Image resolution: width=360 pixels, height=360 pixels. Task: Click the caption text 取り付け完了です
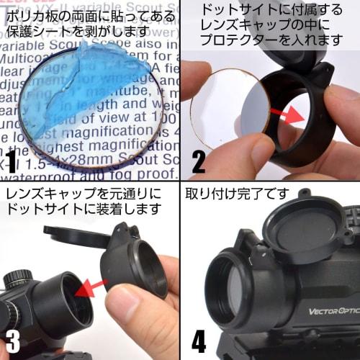[x=238, y=194]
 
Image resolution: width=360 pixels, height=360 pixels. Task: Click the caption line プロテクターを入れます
[x=271, y=40]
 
